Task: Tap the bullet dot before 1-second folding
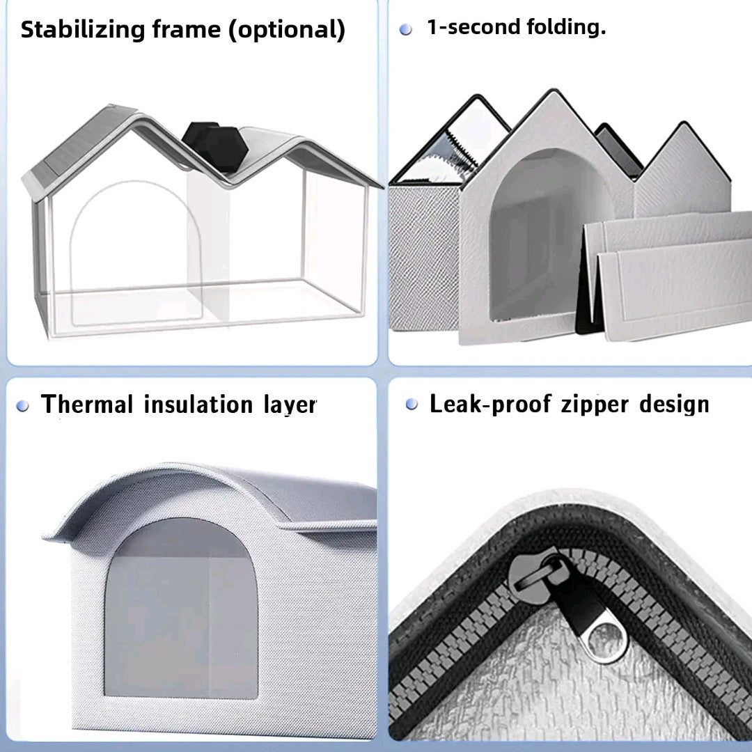(406, 30)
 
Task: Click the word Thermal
(88, 405)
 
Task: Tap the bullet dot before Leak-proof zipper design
(412, 405)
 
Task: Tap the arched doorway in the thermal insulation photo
(180, 606)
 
